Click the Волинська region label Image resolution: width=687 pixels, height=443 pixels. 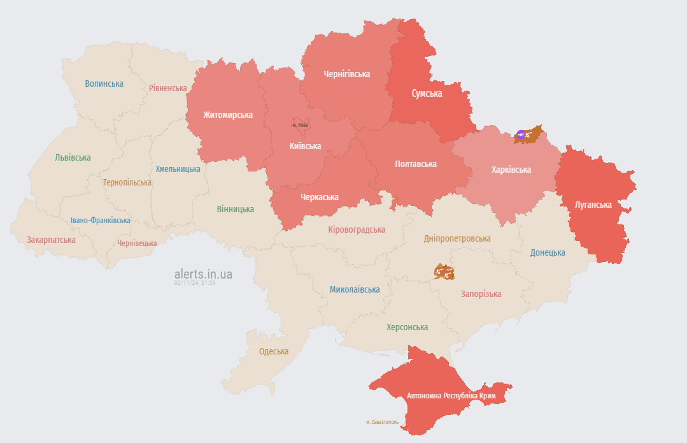104,84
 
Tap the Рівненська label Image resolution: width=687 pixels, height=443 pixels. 168,88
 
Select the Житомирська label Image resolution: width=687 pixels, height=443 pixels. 228,115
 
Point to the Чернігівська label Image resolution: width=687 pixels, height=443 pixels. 346,74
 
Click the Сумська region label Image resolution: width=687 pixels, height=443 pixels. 427,94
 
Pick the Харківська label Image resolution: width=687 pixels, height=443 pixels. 511,170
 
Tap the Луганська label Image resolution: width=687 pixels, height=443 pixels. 593,205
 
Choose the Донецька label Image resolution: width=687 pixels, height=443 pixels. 548,252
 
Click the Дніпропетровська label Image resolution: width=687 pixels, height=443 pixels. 457,238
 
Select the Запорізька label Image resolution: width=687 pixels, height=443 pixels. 481,294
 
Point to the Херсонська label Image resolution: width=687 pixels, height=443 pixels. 407,327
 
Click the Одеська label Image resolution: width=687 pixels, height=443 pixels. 273,351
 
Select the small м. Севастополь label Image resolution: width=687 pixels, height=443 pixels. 382,422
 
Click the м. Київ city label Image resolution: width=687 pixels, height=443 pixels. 300,125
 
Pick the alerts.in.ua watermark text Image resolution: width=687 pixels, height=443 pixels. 203,274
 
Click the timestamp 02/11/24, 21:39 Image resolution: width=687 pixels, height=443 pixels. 195,283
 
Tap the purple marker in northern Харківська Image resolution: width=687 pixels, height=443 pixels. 521,134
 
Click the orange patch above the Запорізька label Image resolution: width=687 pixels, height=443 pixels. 444,272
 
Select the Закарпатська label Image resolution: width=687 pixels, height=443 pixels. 51,240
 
